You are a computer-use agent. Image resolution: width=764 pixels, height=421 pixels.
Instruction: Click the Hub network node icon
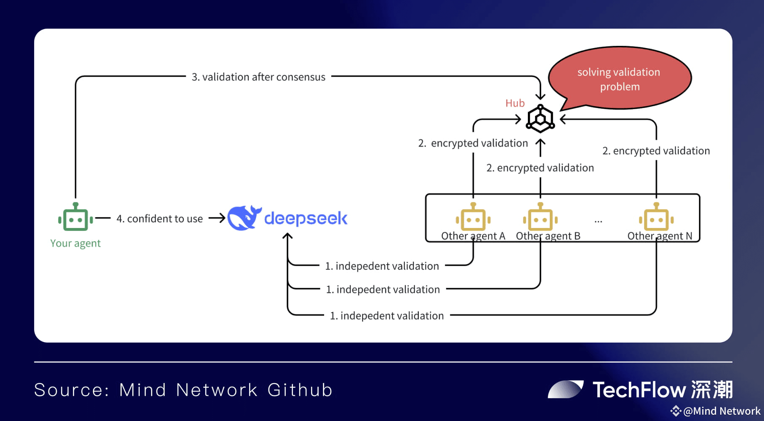click(x=540, y=119)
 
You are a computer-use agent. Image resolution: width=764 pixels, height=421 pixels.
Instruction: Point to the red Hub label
click(x=515, y=103)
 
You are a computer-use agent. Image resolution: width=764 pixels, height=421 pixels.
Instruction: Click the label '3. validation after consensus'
click(x=258, y=77)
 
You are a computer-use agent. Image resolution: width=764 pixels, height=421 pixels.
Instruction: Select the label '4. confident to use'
click(x=160, y=219)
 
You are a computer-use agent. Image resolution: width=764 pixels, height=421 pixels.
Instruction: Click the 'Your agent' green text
click(x=75, y=244)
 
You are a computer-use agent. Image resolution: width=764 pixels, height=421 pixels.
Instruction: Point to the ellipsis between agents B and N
click(x=598, y=221)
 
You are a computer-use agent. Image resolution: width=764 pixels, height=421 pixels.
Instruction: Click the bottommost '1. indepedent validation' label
click(x=387, y=316)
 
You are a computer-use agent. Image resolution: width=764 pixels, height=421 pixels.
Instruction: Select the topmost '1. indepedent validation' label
click(x=382, y=266)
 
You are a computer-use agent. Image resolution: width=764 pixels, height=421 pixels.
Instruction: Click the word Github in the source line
click(x=300, y=390)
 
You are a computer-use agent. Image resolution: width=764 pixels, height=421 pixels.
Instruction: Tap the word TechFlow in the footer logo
click(x=639, y=390)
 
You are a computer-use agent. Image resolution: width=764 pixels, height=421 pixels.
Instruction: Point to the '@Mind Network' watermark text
click(x=722, y=411)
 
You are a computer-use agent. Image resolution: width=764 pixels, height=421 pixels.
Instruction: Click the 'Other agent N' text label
click(x=660, y=236)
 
